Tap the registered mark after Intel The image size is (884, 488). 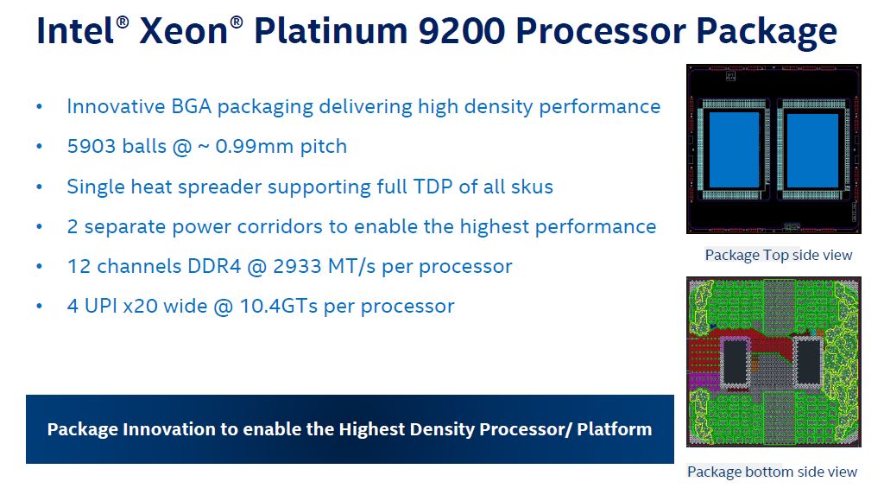[x=123, y=22]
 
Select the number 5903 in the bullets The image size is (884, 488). [x=89, y=147]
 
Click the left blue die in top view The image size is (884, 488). [x=734, y=149]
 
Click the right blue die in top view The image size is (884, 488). [x=811, y=149]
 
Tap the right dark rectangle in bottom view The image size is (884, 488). [x=808, y=362]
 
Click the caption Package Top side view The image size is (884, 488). [x=779, y=256]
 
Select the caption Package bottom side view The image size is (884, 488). [x=772, y=472]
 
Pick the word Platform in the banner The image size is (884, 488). [x=615, y=429]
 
